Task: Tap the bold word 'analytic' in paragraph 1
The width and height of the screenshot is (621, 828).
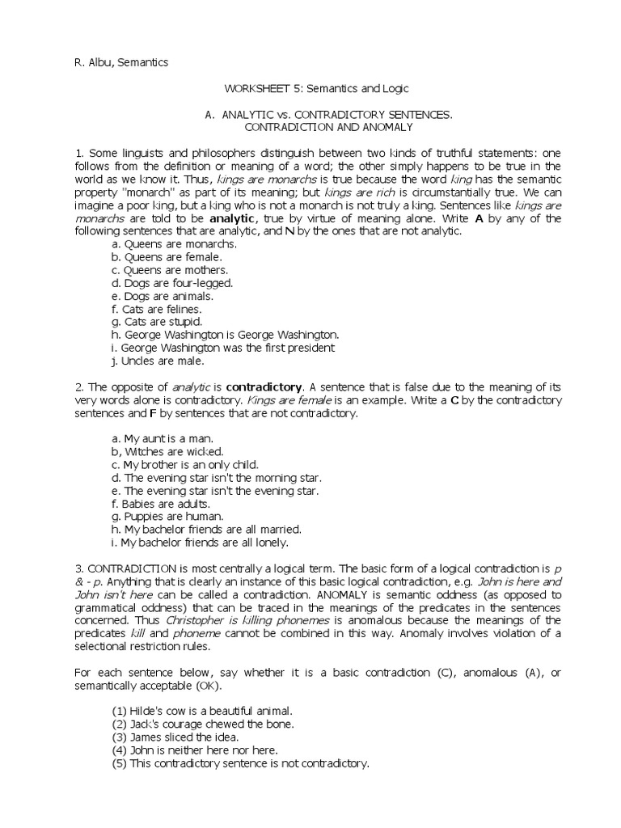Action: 234,218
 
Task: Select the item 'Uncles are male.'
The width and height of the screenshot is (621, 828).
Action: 158,361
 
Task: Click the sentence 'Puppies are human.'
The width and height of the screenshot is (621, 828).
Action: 167,516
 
